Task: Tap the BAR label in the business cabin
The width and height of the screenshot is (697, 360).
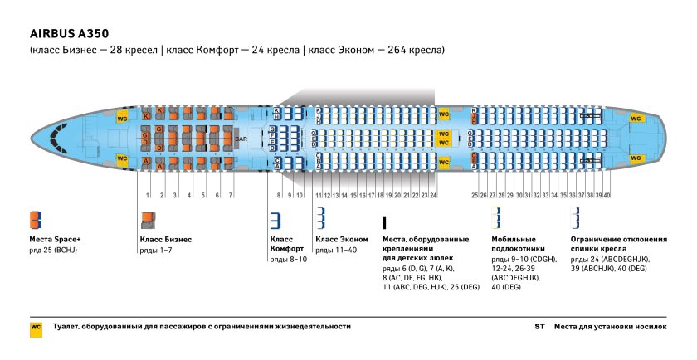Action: [241, 139]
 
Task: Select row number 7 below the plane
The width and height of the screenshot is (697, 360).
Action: [230, 195]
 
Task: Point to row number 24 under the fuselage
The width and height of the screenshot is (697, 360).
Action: [433, 195]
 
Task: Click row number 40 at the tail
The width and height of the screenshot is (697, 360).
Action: [607, 195]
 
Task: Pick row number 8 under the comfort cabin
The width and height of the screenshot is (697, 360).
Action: [280, 195]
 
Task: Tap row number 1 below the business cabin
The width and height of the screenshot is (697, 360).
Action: [148, 195]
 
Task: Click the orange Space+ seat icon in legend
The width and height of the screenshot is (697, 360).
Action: [35, 220]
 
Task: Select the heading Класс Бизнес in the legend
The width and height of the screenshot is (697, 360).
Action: [165, 239]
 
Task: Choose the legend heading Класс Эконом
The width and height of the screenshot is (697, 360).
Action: [341, 239]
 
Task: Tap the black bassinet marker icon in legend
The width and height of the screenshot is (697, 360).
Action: [384, 223]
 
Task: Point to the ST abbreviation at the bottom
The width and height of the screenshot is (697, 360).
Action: [540, 327]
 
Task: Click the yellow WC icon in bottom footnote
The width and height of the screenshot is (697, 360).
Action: [36, 327]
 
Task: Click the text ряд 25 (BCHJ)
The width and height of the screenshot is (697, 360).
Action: [55, 250]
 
